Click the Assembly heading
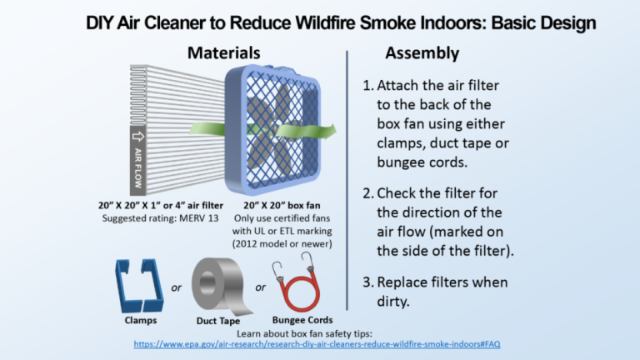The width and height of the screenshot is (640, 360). coord(422,53)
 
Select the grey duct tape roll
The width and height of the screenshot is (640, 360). coord(217,282)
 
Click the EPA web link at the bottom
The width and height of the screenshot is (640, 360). coord(317,344)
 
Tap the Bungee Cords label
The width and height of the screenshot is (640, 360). coord(302,320)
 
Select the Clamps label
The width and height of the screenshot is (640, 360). coord(136,320)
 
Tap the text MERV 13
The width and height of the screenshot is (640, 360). coord(205,217)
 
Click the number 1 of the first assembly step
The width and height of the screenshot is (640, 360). coord(367,87)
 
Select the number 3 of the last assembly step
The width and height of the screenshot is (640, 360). coord(367,283)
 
